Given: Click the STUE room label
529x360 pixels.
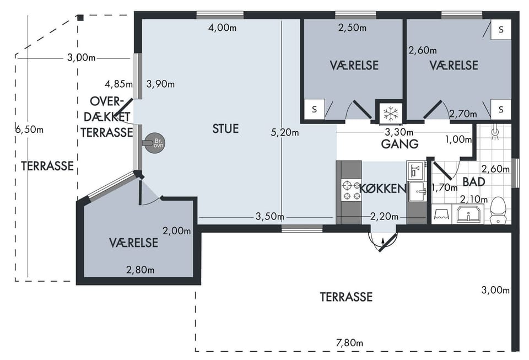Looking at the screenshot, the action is click(225, 128).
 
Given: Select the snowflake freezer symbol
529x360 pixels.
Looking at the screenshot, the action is click(391, 112).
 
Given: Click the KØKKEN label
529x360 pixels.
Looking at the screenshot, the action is click(383, 189).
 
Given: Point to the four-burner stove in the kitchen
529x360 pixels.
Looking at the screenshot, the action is click(351, 190).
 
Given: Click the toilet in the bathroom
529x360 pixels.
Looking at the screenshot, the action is click(498, 210).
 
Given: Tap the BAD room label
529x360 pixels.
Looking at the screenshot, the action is click(474, 182).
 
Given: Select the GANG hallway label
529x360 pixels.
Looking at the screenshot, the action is click(400, 144).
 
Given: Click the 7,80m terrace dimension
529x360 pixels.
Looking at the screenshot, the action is click(349, 343).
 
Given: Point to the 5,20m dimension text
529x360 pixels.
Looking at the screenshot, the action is click(285, 132).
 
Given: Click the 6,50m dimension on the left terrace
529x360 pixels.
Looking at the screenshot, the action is click(29, 129).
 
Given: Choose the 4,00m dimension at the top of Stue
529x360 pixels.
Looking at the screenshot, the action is click(222, 28).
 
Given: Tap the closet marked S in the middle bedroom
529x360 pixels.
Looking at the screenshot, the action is click(315, 109).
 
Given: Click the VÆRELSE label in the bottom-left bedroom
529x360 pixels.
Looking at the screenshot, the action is click(133, 243).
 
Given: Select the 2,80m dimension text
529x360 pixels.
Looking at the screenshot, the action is click(141, 270).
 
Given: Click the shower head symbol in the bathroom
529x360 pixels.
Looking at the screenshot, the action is click(495, 131).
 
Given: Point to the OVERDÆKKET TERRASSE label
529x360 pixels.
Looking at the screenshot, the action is click(106, 117).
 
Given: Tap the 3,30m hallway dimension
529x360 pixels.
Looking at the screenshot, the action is click(399, 132).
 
